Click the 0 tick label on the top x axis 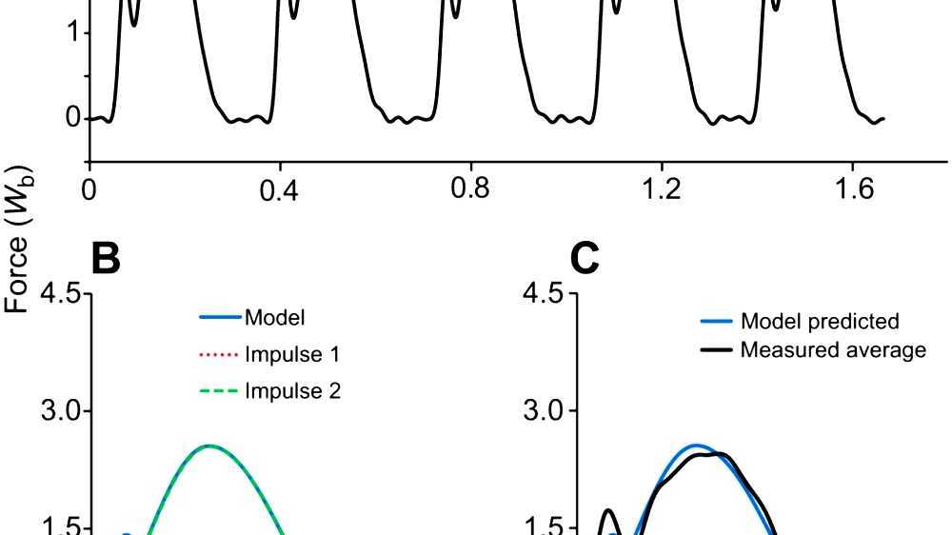tap(89, 188)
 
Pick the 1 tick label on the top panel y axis tap(60, 33)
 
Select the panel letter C tap(585, 258)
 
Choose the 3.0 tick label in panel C tap(544, 411)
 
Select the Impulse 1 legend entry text tap(292, 354)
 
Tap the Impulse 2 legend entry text tap(292, 390)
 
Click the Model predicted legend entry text tap(820, 322)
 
